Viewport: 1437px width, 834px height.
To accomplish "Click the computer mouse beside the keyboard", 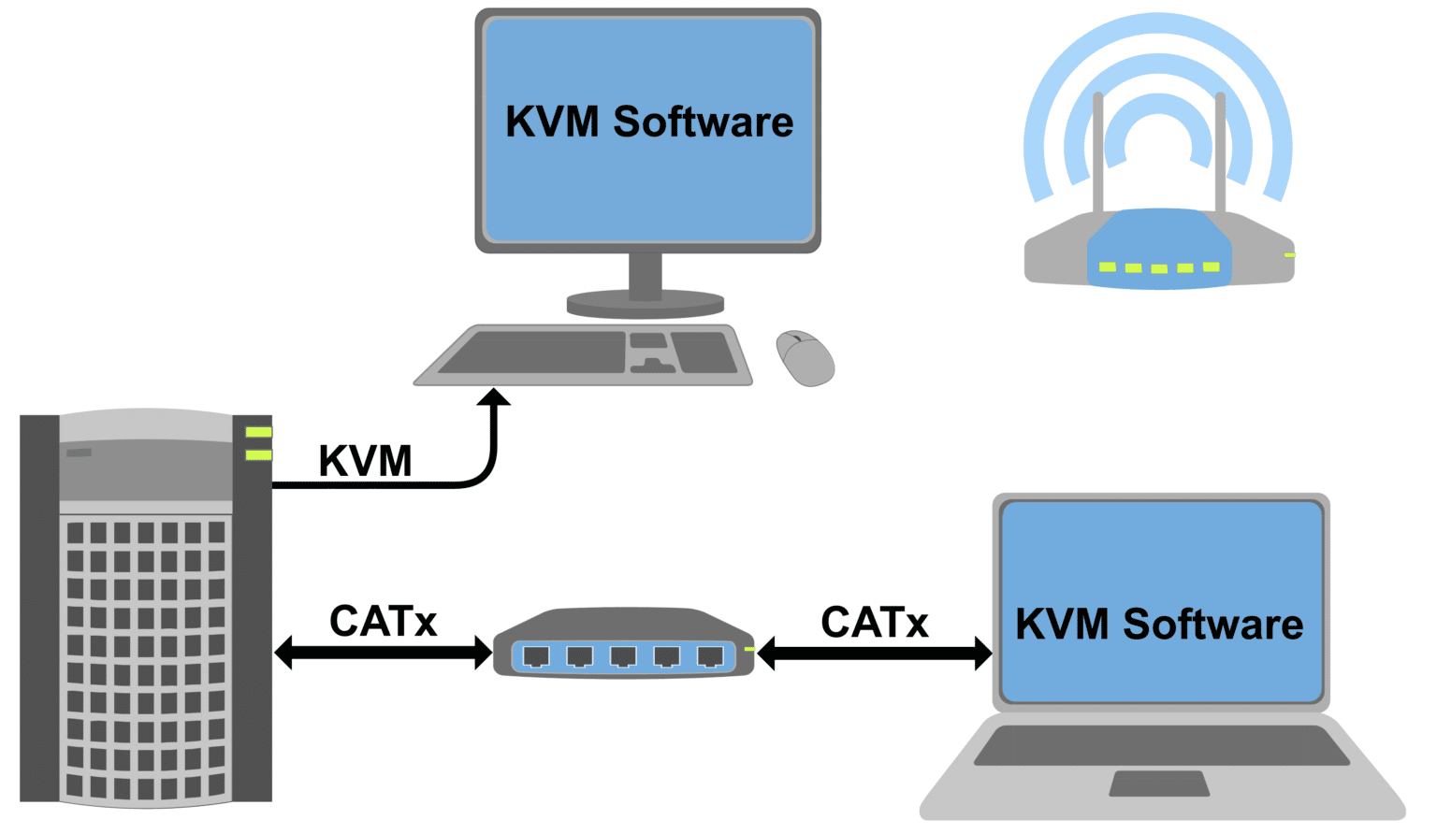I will [x=806, y=358].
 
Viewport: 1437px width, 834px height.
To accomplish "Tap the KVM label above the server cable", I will [x=365, y=461].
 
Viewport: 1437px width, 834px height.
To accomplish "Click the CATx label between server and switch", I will [x=384, y=622].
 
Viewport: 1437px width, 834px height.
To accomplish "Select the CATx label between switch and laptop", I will [x=875, y=623].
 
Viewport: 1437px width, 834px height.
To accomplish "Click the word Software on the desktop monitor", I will [x=703, y=122].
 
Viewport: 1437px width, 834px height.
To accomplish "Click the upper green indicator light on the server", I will [x=258, y=432].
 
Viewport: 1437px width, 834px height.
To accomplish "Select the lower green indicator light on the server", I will [x=258, y=455].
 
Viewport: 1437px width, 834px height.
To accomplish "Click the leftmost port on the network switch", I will [x=536, y=656].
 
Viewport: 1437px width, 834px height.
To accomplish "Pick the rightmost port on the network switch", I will [x=710, y=656].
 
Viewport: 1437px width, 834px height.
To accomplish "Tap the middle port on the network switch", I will [x=623, y=656].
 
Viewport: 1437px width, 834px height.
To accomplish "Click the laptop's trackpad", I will [x=1159, y=784].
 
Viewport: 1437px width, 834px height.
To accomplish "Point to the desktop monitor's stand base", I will [x=646, y=304].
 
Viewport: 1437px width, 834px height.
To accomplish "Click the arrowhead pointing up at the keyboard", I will [x=494, y=397].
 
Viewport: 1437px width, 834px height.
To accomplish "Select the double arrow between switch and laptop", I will [x=875, y=653].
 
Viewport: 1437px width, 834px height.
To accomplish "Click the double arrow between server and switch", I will [x=384, y=653].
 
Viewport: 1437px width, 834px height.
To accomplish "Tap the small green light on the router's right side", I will [x=1289, y=254].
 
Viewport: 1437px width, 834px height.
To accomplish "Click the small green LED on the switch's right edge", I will [x=749, y=649].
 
